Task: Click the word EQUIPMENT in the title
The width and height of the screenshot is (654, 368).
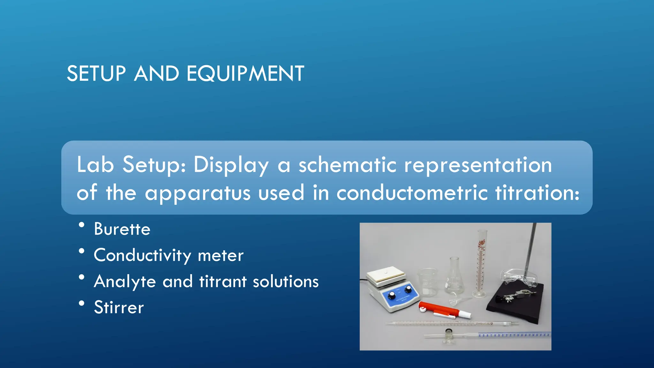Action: pyautogui.click(x=245, y=73)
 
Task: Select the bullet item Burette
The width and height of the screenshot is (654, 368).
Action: pyautogui.click(x=122, y=229)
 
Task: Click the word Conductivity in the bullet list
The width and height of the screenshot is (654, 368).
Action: pyautogui.click(x=142, y=256)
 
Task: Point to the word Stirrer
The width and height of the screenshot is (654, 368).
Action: pyautogui.click(x=119, y=307)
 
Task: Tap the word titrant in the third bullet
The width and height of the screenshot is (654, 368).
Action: pyautogui.click(x=223, y=281)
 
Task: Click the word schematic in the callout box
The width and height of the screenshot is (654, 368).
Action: pyautogui.click(x=347, y=165)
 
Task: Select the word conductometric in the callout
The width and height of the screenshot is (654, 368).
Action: pyautogui.click(x=412, y=193)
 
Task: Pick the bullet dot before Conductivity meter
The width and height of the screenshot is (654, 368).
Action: pyautogui.click(x=82, y=251)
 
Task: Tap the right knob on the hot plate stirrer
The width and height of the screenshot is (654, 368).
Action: pyautogui.click(x=408, y=289)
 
